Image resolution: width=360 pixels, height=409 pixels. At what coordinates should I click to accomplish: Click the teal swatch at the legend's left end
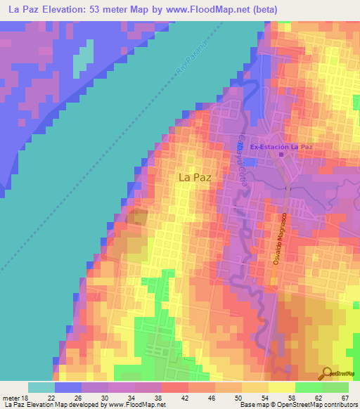click(x=41, y=387)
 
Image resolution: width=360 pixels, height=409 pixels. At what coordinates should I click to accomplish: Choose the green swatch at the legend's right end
click(x=335, y=387)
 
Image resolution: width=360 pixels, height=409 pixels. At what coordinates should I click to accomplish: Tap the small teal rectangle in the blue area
click(x=84, y=57)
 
